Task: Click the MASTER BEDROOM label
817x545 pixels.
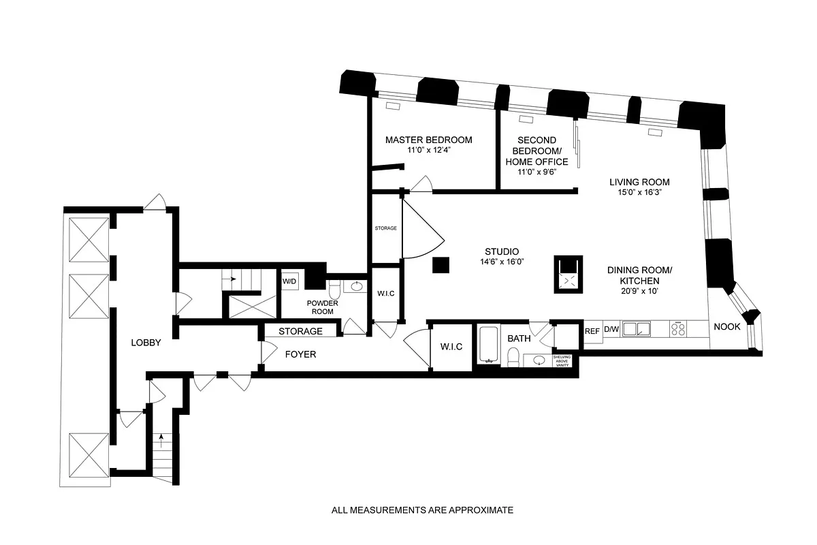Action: click(x=428, y=140)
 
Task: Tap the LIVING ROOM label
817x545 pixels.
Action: click(x=639, y=182)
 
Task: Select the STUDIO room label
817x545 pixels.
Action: click(x=502, y=250)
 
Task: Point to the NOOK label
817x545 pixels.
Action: click(x=726, y=327)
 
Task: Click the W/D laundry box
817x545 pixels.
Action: click(x=290, y=281)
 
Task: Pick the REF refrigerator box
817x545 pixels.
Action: click(x=592, y=331)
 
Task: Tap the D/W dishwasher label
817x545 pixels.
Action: click(x=612, y=330)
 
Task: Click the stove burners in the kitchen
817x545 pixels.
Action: click(x=679, y=329)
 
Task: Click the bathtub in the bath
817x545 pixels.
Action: click(x=488, y=345)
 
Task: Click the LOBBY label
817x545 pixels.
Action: click(x=146, y=343)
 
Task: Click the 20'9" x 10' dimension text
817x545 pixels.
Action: click(x=639, y=291)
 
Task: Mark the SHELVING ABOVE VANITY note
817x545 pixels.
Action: click(x=562, y=361)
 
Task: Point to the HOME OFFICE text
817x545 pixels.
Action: click(x=536, y=161)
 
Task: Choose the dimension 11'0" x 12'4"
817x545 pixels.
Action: click(x=428, y=151)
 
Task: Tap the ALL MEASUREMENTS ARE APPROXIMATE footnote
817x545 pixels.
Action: click(x=422, y=510)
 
